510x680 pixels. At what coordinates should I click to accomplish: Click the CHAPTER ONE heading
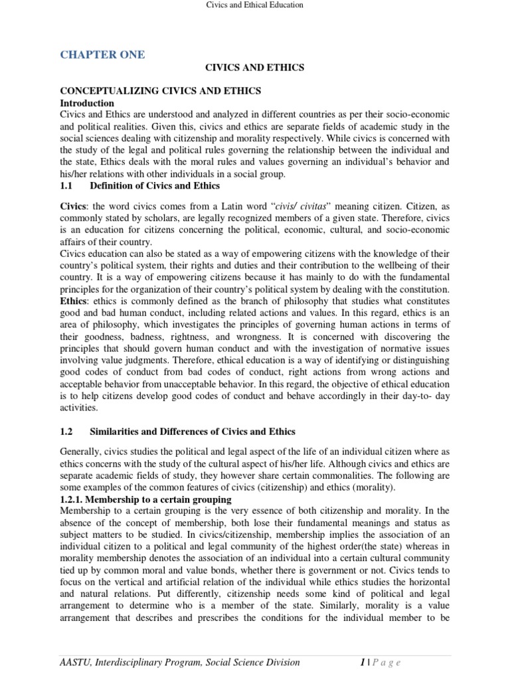point(102,54)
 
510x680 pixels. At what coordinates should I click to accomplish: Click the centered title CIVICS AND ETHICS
point(254,68)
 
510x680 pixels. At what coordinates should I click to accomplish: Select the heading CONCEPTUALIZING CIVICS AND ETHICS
point(161,91)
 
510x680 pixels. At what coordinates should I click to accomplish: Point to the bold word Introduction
point(87,104)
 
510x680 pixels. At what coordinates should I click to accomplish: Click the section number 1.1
point(67,187)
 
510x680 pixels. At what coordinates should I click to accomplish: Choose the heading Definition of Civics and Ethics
point(155,187)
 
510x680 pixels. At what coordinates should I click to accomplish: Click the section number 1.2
point(67,432)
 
